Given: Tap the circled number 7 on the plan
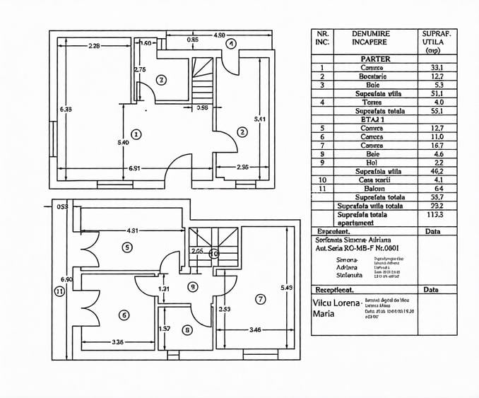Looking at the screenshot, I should point(261,299).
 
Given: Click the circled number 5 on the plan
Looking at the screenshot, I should point(127,247).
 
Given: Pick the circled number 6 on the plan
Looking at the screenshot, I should point(124,315).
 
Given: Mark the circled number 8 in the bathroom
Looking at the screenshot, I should point(187,330).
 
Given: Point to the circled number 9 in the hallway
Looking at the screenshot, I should point(193,286).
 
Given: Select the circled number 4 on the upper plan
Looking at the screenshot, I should point(230,43).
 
